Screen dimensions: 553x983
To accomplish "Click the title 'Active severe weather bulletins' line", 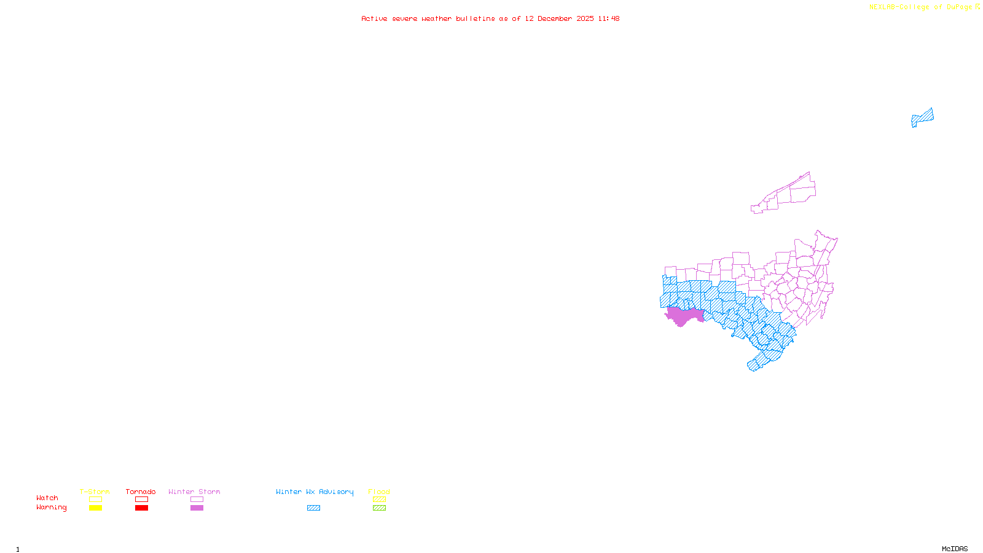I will [490, 19].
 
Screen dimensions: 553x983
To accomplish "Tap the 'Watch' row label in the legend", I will [47, 498].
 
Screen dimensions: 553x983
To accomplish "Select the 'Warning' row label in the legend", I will [51, 508].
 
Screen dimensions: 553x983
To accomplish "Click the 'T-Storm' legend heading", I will [95, 492].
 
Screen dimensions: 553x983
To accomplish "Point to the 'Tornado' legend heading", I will [141, 492].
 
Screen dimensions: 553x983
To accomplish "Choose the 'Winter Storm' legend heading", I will [194, 492].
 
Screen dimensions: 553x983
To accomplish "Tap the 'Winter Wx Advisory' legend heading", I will [315, 492].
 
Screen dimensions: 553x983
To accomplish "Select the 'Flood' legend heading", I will [379, 492].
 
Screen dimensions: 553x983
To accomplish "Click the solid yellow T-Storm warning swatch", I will [95, 508].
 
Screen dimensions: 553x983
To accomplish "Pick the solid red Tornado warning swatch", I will [141, 508].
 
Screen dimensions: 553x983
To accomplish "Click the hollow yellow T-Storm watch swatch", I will [95, 500].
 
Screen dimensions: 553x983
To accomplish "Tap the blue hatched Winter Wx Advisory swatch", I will [313, 508].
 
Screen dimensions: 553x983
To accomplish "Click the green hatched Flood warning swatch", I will [379, 508].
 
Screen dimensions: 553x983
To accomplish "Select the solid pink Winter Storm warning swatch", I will [197, 508].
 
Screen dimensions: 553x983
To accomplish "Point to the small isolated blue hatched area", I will [922, 117].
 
